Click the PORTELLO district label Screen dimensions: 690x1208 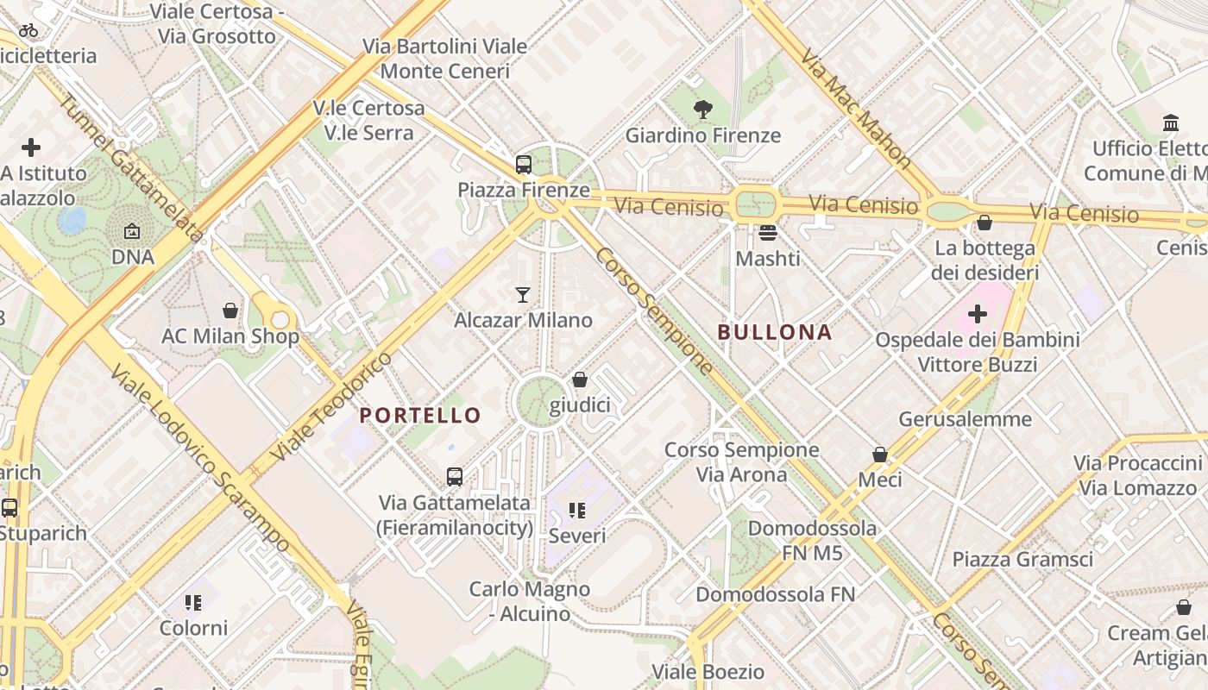pyautogui.click(x=420, y=415)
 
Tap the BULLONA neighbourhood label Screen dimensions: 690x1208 pyautogui.click(x=775, y=332)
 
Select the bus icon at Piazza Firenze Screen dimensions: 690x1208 pyautogui.click(x=523, y=164)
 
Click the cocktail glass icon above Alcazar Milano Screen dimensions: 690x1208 pyautogui.click(x=522, y=295)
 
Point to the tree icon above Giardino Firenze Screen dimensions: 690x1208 pyautogui.click(x=703, y=110)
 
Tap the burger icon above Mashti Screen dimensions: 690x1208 pyautogui.click(x=767, y=232)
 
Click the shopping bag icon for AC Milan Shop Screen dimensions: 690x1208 pyautogui.click(x=230, y=310)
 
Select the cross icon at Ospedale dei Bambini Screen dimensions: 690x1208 pyautogui.click(x=978, y=314)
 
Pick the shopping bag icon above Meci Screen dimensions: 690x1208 pyautogui.click(x=880, y=454)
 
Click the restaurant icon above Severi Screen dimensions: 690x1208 pyautogui.click(x=577, y=511)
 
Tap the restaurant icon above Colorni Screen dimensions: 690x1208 pyautogui.click(x=193, y=602)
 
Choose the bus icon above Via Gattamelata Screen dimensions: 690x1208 pyautogui.click(x=454, y=476)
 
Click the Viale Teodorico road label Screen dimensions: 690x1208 pyautogui.click(x=330, y=405)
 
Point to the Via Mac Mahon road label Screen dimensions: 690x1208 pyautogui.click(x=855, y=107)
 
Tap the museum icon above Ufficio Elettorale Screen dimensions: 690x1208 pyautogui.click(x=1171, y=123)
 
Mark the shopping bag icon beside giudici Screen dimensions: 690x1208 pyautogui.click(x=580, y=379)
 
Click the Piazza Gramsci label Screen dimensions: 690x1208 pyautogui.click(x=1022, y=559)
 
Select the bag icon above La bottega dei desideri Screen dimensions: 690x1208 pyautogui.click(x=984, y=223)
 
